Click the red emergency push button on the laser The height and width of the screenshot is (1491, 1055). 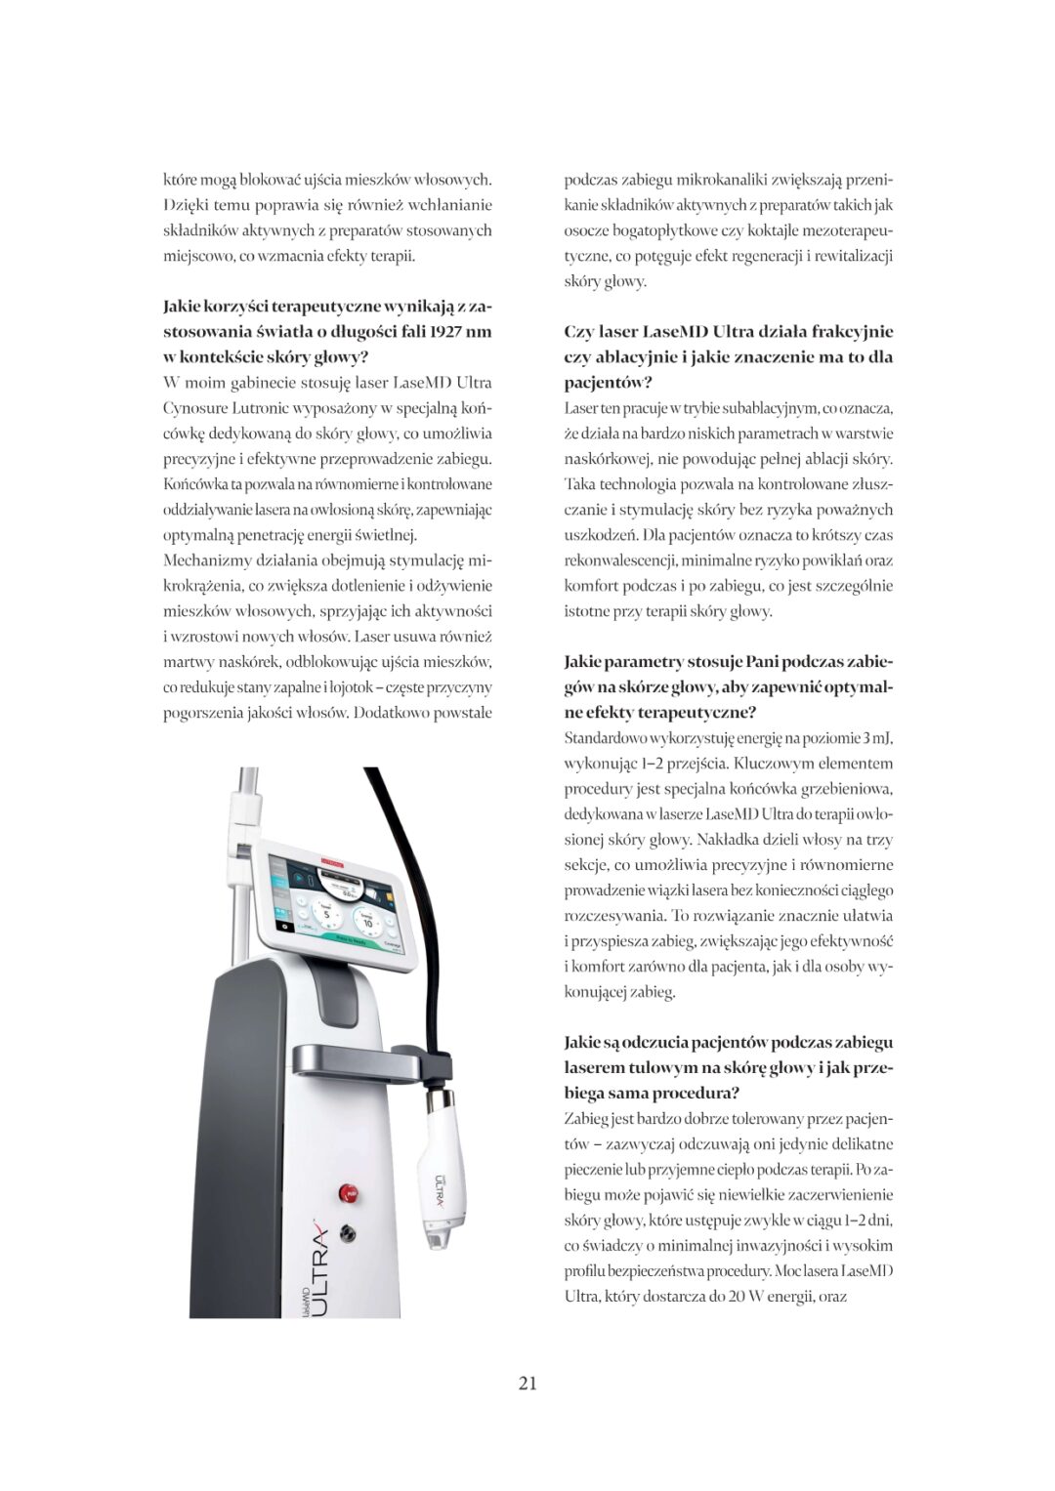click(x=347, y=1192)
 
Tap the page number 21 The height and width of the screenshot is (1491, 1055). click(x=527, y=1383)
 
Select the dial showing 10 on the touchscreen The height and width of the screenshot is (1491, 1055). click(x=368, y=921)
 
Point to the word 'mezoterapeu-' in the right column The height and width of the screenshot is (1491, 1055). click(x=849, y=230)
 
